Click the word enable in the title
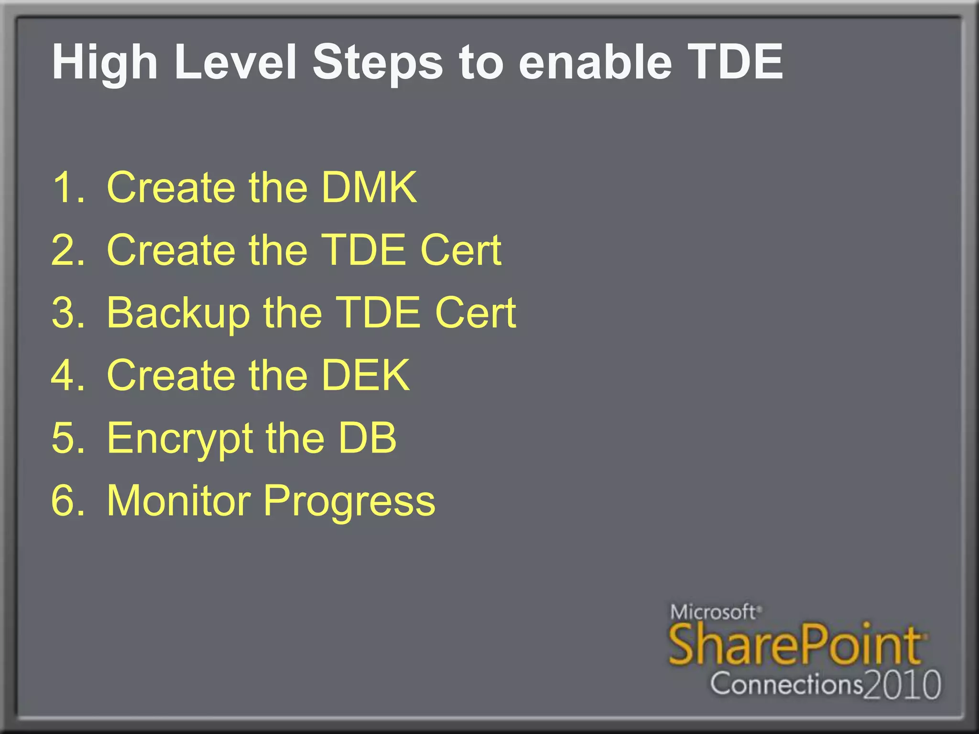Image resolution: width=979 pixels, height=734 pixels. tap(595, 62)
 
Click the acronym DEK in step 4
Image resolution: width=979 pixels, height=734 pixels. tap(365, 376)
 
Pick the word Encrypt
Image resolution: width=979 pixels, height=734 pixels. tap(179, 439)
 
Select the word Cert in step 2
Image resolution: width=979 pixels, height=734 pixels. tap(461, 250)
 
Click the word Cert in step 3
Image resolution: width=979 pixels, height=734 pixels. tap(475, 313)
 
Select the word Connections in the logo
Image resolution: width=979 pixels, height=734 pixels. tap(786, 684)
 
